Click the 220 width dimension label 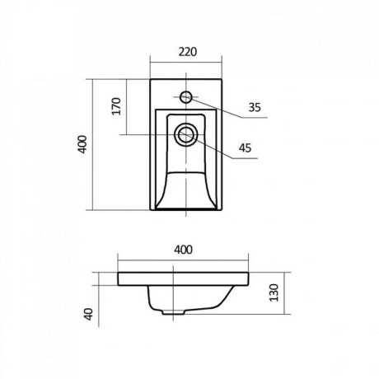click(188, 52)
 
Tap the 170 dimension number click(116, 106)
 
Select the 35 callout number click(255, 107)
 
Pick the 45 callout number click(245, 148)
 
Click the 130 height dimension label click(274, 292)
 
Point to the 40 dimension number click(89, 314)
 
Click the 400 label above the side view click(184, 250)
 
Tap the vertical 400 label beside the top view click(82, 144)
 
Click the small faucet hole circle click(185, 97)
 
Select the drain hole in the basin click(186, 134)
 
